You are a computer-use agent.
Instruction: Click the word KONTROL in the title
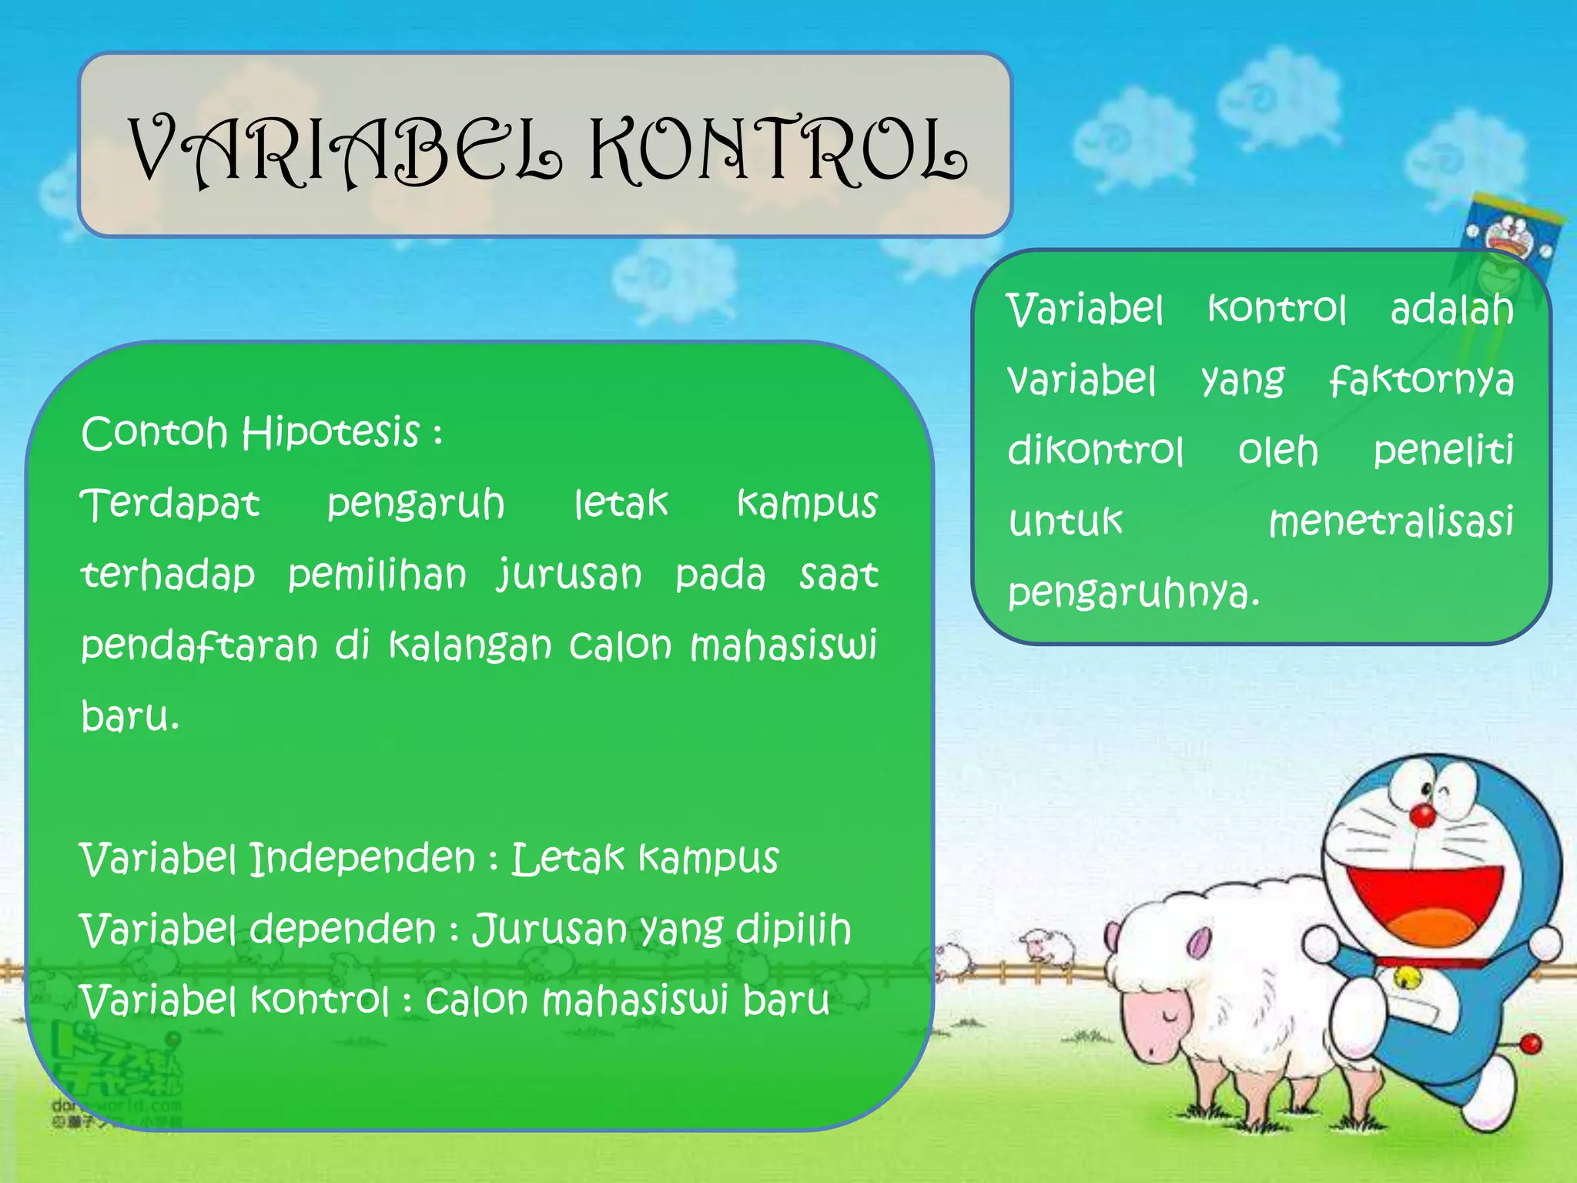(778, 152)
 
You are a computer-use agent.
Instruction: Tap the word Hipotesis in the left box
(331, 432)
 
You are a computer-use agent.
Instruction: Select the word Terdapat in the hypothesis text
(170, 504)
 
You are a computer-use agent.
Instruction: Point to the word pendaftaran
(199, 646)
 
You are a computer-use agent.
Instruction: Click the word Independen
(363, 859)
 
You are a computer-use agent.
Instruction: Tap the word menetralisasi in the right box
(1391, 521)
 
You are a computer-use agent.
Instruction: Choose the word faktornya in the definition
(1421, 380)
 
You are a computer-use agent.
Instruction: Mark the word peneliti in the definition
(1443, 451)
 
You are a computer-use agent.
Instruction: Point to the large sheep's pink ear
(1197, 941)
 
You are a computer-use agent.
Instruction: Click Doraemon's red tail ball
(1531, 1044)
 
